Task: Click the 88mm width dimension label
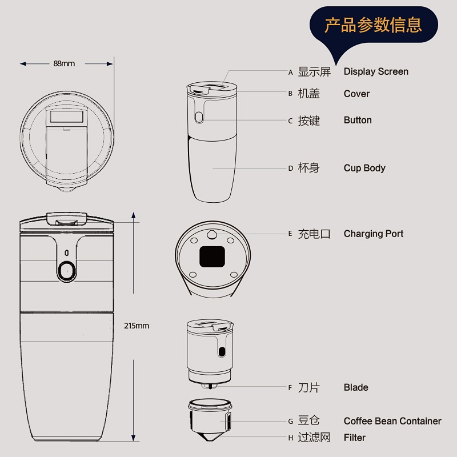(64, 63)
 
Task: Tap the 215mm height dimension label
(137, 326)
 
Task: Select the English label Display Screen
(376, 71)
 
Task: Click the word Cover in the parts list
(356, 94)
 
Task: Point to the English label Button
(358, 120)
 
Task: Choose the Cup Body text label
(364, 168)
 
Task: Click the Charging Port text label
(374, 234)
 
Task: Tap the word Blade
(356, 387)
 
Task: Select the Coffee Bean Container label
(392, 421)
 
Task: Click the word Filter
(354, 438)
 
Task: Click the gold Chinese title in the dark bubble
(374, 25)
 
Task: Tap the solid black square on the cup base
(212, 256)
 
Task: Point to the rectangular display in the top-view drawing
(67, 117)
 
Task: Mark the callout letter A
(290, 73)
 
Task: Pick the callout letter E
(290, 234)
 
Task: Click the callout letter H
(291, 438)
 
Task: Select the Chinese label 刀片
(308, 388)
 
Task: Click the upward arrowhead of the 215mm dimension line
(133, 215)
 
